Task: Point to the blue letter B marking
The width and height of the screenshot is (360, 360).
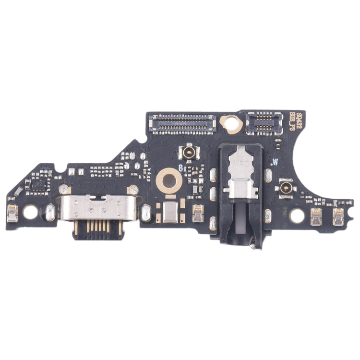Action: pyautogui.click(x=180, y=168)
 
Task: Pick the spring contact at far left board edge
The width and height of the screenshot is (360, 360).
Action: pyautogui.click(x=12, y=213)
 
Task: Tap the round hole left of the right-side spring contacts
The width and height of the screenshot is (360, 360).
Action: pyautogui.click(x=297, y=216)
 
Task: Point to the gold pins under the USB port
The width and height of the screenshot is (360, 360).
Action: pyautogui.click(x=98, y=229)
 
